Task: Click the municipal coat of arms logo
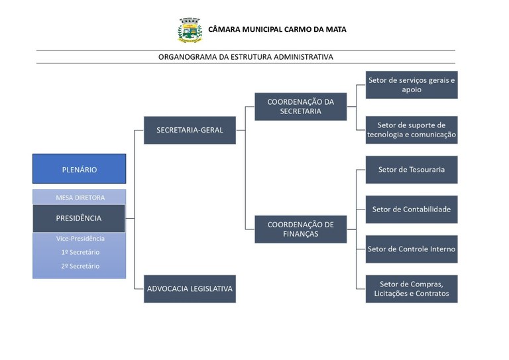pyautogui.click(x=190, y=30)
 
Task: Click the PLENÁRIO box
pyautogui.click(x=80, y=169)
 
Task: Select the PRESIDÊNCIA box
pyautogui.click(x=79, y=218)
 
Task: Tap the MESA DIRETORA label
pyautogui.click(x=80, y=198)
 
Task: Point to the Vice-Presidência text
pyautogui.click(x=80, y=239)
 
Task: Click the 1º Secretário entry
pyautogui.click(x=80, y=253)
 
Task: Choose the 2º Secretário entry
pyautogui.click(x=80, y=266)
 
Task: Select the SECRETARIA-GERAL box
pyautogui.click(x=190, y=130)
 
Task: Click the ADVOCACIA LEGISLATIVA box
pyautogui.click(x=190, y=288)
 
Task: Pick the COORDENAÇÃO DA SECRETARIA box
pyautogui.click(x=300, y=106)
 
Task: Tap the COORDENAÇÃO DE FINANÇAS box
pyautogui.click(x=300, y=229)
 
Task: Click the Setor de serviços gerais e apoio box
pyautogui.click(x=412, y=85)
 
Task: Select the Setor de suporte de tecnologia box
pyautogui.click(x=412, y=130)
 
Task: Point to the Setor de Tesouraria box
pyautogui.click(x=412, y=170)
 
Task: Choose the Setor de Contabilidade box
pyautogui.click(x=412, y=210)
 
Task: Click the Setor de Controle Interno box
pyautogui.click(x=412, y=249)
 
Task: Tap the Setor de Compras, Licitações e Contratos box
pyautogui.click(x=412, y=289)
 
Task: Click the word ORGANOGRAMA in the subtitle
pyautogui.click(x=186, y=57)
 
